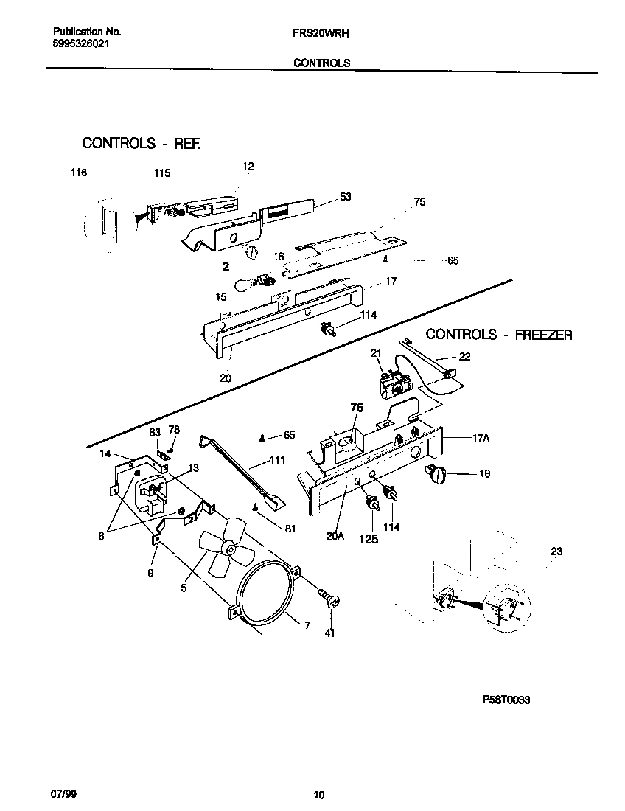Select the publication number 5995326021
[84, 44]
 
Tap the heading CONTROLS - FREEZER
[499, 335]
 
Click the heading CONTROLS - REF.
[141, 143]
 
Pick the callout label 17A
[481, 437]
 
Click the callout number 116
[78, 173]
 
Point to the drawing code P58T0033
[506, 701]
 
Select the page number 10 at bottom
[318, 795]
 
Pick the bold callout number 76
[357, 407]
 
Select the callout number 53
[346, 197]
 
